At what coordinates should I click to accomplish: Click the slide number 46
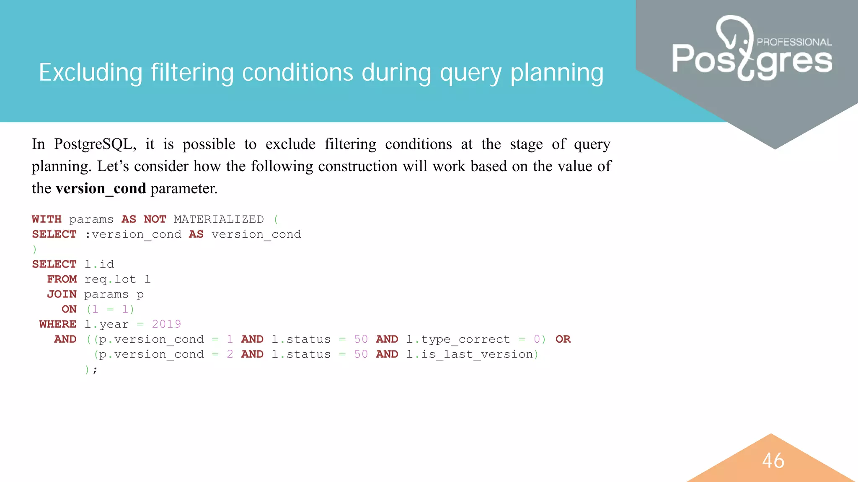pos(773,460)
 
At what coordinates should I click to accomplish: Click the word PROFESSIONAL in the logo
pos(794,42)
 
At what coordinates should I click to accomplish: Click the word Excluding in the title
pos(90,72)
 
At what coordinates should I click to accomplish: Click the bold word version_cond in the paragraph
pos(101,188)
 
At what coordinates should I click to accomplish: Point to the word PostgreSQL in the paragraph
pos(95,144)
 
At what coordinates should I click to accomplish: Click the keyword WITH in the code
pos(47,219)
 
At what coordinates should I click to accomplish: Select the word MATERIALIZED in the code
pos(219,219)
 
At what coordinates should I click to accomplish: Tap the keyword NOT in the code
pos(155,219)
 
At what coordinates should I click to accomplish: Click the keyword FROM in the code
pos(62,279)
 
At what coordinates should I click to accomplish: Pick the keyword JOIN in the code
pos(62,294)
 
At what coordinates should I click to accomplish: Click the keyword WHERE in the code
pos(58,324)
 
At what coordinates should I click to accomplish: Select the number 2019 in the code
pos(166,324)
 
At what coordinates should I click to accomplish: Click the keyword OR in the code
pos(563,339)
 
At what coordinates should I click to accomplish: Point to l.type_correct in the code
pos(458,339)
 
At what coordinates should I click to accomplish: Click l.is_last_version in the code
pos(470,354)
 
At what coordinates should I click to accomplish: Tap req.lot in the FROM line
pos(110,279)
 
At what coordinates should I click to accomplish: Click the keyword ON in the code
pos(69,309)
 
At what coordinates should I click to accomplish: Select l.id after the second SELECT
pos(99,264)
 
